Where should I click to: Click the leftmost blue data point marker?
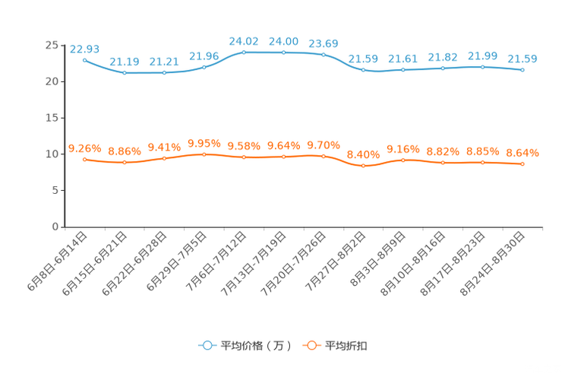point(84,59)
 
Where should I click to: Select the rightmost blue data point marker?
point(522,70)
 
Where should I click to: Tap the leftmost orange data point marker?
point(84,159)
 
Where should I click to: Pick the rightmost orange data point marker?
point(522,163)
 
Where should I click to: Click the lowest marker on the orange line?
point(363,166)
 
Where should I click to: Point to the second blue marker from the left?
point(125,73)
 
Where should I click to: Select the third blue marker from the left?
point(165,72)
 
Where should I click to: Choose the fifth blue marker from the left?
point(244,52)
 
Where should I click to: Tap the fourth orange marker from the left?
point(204,154)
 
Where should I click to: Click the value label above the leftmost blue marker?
point(84,49)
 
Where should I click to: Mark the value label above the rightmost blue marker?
point(522,59)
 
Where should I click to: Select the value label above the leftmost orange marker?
point(84,147)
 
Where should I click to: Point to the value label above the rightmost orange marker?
point(522,153)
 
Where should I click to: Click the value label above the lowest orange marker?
point(363,154)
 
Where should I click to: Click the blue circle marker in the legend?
point(206,345)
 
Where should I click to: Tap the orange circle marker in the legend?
point(311,345)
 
